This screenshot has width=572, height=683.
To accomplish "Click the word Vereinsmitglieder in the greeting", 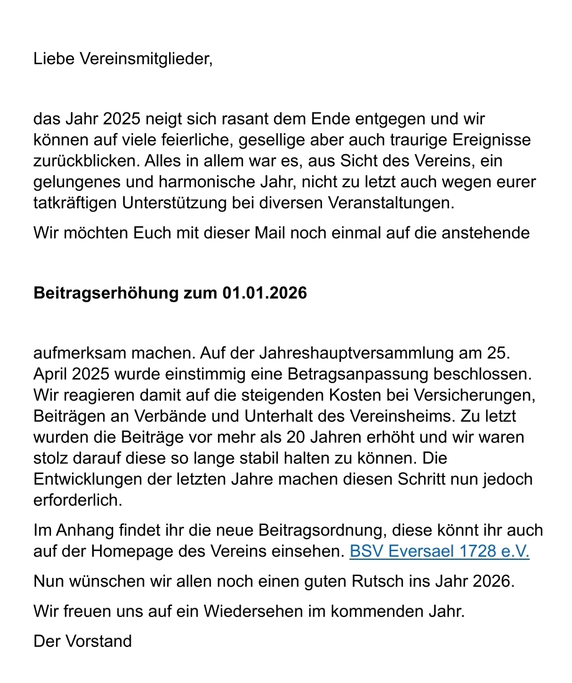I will click(x=147, y=60).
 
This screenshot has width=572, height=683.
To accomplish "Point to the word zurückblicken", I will click(x=86, y=161).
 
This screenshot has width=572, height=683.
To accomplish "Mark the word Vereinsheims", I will click(x=414, y=417).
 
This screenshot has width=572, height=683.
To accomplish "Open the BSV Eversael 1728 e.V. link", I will click(x=439, y=552).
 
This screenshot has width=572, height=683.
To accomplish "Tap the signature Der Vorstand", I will click(x=83, y=641).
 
